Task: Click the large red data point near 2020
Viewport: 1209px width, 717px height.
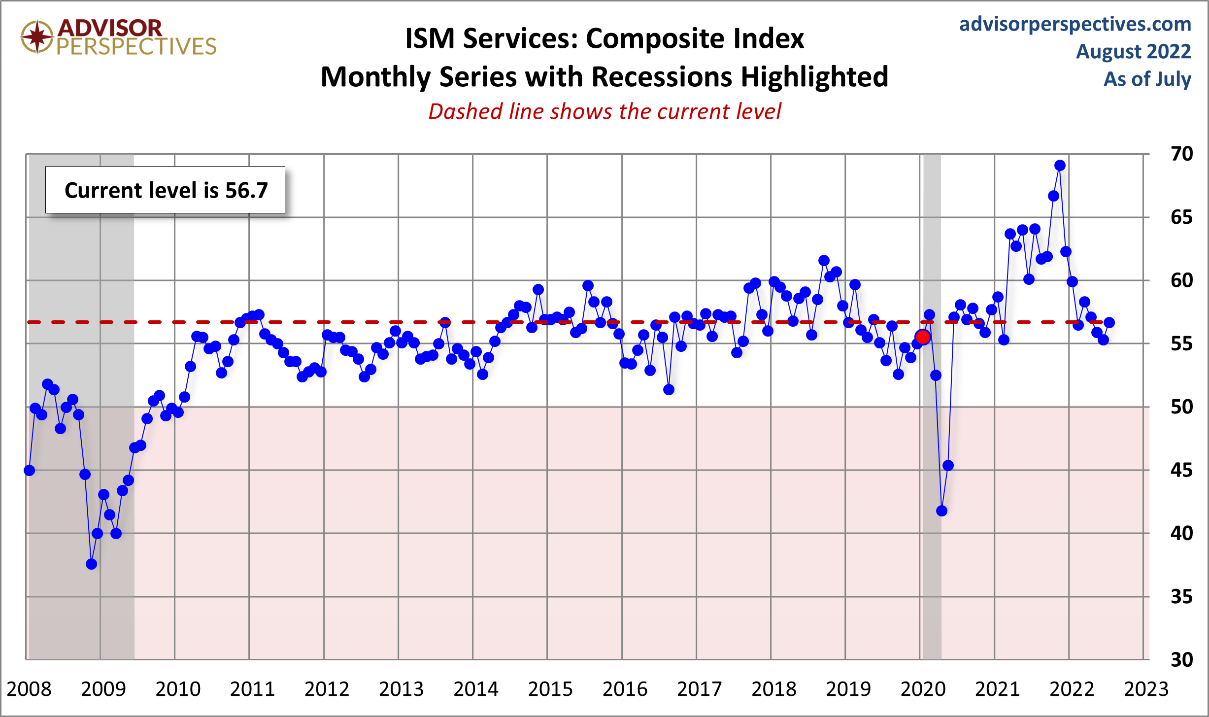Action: coord(922,337)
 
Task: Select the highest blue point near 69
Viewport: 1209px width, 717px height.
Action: coord(1060,166)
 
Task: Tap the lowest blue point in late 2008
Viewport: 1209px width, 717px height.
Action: coord(91,564)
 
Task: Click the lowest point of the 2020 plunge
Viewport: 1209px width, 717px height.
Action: coord(941,511)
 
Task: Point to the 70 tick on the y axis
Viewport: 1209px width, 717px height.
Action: coord(1181,154)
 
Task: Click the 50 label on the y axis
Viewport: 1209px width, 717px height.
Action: coord(1181,407)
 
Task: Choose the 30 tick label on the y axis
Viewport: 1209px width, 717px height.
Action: coord(1181,660)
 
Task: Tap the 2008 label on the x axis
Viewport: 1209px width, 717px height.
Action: coord(29,689)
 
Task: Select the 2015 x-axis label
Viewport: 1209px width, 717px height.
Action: coord(550,689)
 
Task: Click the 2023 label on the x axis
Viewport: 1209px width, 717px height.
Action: coord(1146,689)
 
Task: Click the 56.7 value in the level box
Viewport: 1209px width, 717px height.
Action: coord(246,190)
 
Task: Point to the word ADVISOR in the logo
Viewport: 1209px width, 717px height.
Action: coord(110,29)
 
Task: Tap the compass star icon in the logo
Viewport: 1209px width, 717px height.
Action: coord(36,37)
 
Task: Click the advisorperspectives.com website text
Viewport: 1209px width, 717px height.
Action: coord(1075,24)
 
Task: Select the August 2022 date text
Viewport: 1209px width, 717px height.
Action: coord(1133,52)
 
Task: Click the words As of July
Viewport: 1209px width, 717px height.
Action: coord(1147,79)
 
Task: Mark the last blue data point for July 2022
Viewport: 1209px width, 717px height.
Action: coord(1109,323)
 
